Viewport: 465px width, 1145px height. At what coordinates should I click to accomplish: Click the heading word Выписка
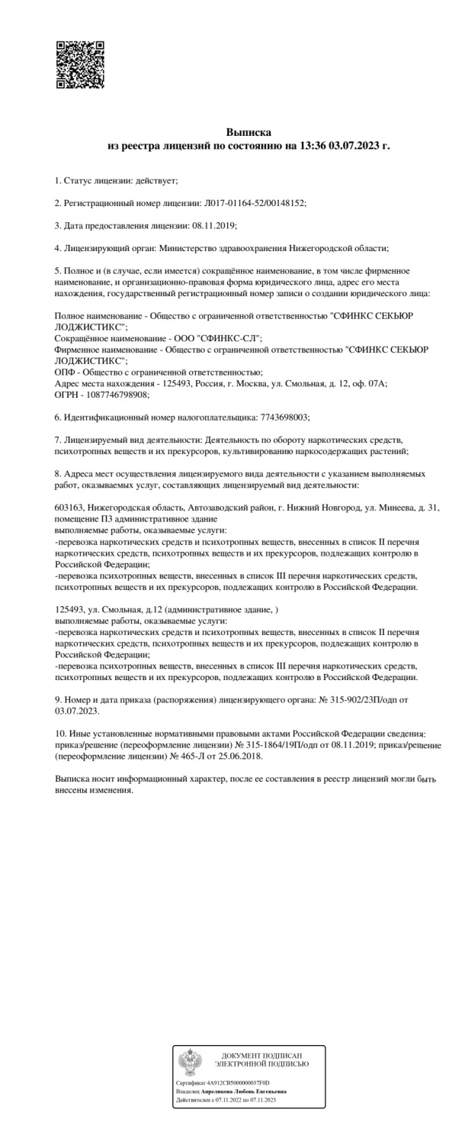(x=249, y=132)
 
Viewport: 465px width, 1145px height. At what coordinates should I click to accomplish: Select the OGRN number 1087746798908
(x=117, y=395)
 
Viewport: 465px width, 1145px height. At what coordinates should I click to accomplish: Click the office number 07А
(x=378, y=384)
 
